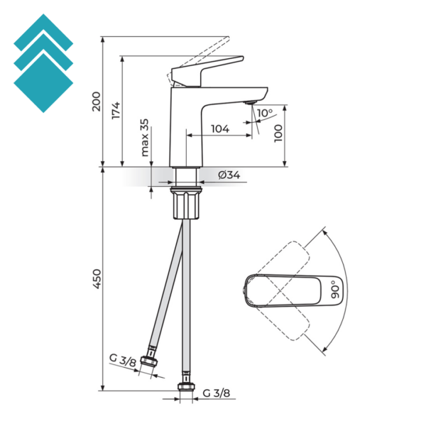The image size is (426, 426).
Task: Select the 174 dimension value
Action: coord(116,110)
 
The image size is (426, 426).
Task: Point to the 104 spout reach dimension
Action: coord(220,129)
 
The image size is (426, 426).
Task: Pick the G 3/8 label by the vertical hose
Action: coord(216,393)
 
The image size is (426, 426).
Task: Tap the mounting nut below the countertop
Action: coord(187,202)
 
